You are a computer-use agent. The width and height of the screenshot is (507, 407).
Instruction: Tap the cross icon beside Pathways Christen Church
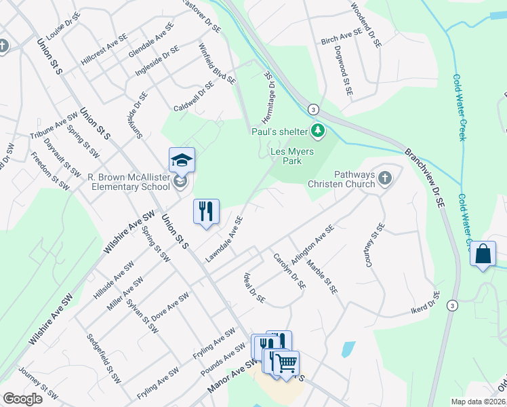tap(384, 178)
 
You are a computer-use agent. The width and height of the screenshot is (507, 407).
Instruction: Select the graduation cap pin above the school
tap(182, 160)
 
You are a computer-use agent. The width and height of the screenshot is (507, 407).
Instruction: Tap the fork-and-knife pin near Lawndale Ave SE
tap(207, 211)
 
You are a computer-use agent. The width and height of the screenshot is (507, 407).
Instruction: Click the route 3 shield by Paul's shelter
tap(312, 109)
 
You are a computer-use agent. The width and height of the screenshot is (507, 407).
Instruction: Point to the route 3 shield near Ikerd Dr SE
tap(451, 306)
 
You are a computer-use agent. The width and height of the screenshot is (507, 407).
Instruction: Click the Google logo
tap(22, 399)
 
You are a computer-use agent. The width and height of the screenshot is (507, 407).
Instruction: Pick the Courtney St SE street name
tap(375, 245)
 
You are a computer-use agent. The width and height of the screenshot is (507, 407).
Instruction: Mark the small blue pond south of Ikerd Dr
tap(348, 349)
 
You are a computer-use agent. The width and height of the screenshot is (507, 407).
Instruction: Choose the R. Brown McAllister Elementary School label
tap(129, 182)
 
